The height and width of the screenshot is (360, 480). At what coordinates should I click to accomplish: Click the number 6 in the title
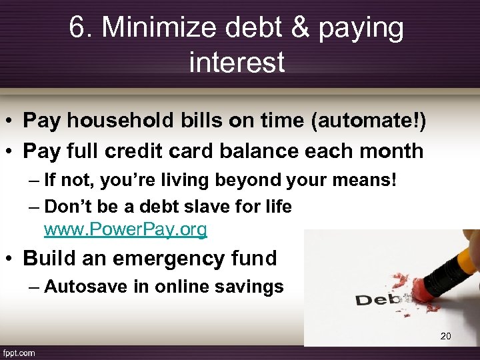[77, 27]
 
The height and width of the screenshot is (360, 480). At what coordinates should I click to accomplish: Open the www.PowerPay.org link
[125, 230]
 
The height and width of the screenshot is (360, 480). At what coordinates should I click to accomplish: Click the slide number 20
[445, 336]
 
